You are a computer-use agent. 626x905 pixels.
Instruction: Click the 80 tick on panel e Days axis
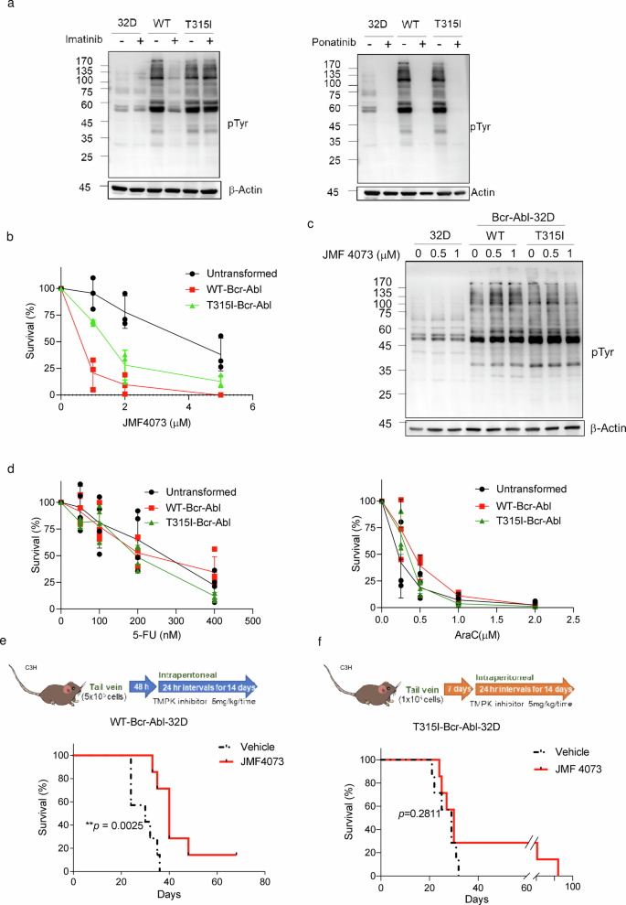point(264,889)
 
